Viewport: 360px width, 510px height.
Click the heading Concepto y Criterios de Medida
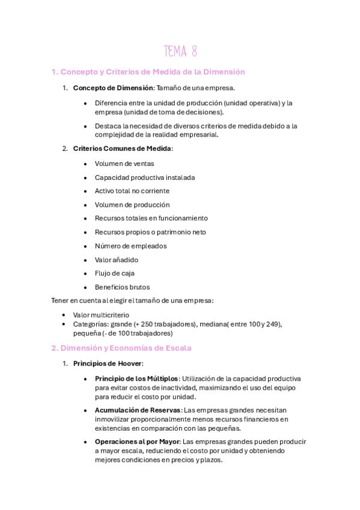(x=148, y=72)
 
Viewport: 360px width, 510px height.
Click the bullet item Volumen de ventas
(x=124, y=164)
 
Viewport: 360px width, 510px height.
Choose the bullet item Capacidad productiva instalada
(x=145, y=177)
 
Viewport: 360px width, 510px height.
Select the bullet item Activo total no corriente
(x=132, y=191)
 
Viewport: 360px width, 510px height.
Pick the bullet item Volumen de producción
(x=132, y=204)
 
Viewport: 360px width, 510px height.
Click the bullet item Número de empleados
(x=131, y=246)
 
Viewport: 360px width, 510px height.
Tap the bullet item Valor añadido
(x=117, y=260)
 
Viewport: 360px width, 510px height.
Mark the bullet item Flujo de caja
(x=114, y=273)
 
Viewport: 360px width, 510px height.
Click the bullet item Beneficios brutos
(x=123, y=287)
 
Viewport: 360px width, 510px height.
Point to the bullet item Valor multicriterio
(x=100, y=315)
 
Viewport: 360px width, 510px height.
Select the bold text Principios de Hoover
(x=108, y=364)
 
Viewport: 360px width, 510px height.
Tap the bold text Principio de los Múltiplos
(x=136, y=378)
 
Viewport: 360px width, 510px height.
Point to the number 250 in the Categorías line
(x=152, y=324)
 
